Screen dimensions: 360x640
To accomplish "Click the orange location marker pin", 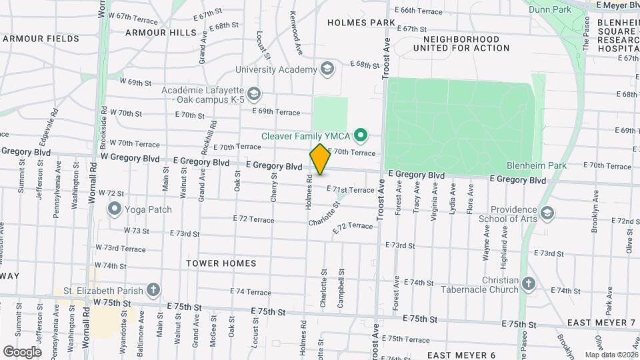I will coord(320,159).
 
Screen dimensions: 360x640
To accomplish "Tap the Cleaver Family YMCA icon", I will coord(361,136).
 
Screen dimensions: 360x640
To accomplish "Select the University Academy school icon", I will coord(327,69).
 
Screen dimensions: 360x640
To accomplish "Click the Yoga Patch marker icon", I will coord(114,210).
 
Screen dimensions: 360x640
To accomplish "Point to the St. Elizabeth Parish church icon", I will coord(153,290).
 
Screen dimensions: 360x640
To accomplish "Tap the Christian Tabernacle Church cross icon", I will coord(528,284).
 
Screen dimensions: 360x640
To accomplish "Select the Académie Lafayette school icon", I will coord(253,94).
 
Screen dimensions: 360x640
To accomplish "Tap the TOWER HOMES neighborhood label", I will coord(221,263).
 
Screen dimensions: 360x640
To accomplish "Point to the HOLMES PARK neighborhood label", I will coord(361,23).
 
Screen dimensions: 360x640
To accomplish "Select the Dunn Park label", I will coord(550,10).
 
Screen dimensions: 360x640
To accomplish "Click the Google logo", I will coord(22,351).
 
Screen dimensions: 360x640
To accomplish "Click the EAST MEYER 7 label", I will coord(601,323).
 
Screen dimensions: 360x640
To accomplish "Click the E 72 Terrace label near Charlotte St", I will coord(353,227).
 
